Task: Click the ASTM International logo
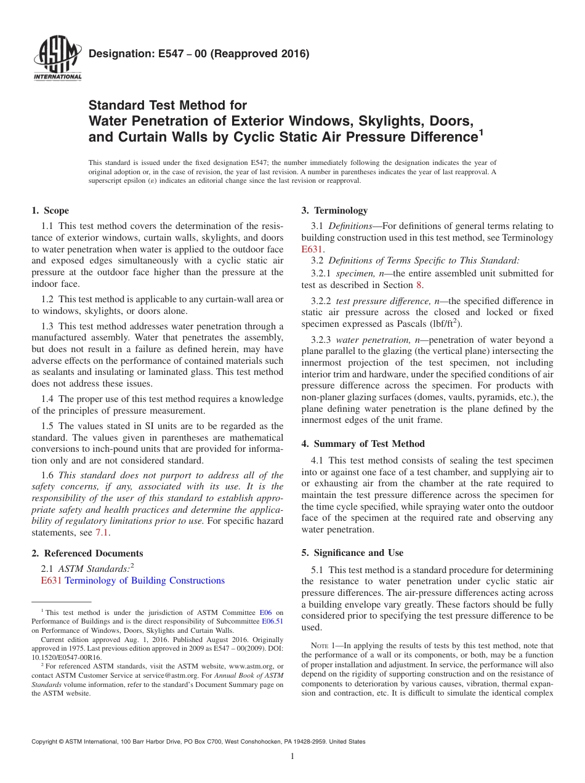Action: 57,58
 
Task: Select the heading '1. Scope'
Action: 50,211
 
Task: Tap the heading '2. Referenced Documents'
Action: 87,553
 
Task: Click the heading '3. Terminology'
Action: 334,211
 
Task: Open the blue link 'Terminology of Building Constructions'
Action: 145,580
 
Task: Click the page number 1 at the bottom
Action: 292,757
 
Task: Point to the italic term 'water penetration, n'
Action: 374,340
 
